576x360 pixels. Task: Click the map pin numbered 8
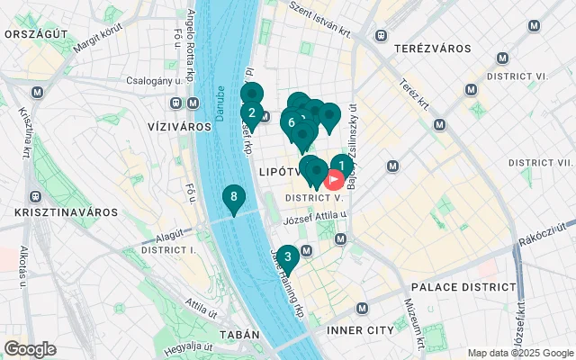point(234,197)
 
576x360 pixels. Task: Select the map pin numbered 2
point(251,113)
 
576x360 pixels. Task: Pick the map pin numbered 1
point(341,166)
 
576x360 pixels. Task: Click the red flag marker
point(333,180)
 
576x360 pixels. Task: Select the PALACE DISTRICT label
point(463,287)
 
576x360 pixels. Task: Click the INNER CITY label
point(361,330)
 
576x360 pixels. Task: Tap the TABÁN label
point(238,335)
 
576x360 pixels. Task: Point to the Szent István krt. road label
point(322,18)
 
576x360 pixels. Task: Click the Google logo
point(30,349)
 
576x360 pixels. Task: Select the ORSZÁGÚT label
point(37,33)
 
